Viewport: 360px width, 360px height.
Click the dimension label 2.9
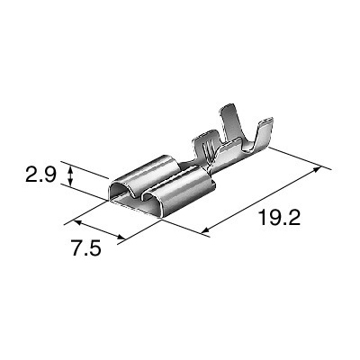[40, 175]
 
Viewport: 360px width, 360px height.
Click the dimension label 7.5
[86, 247]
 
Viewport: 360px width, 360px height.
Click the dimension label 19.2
[279, 217]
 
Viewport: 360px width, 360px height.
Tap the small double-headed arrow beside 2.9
[70, 175]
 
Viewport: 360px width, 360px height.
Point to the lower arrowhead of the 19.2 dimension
[205, 230]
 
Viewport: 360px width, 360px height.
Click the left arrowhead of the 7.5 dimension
[76, 222]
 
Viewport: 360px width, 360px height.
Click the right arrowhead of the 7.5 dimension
[121, 237]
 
